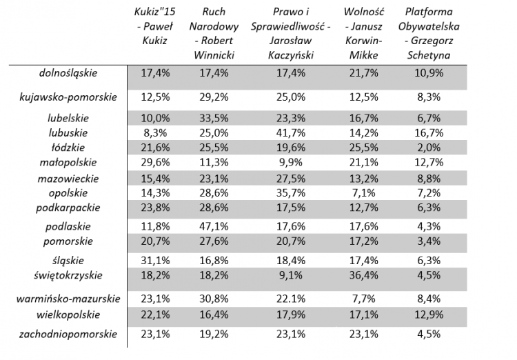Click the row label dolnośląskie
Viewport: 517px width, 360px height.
pyautogui.click(x=68, y=72)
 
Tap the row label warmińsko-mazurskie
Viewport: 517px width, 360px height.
pyautogui.click(x=68, y=299)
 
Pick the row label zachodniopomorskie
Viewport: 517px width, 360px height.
pyautogui.click(x=68, y=334)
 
